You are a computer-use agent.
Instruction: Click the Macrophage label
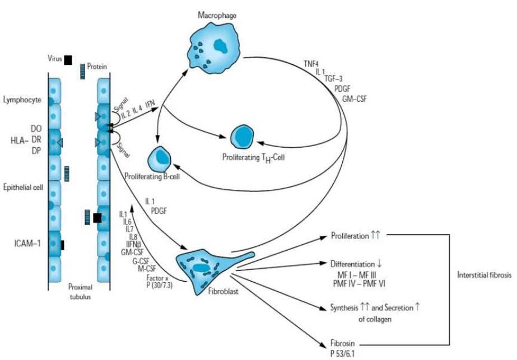coord(217,15)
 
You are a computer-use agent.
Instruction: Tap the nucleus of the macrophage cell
coord(221,46)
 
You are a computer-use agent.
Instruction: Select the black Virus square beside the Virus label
coord(68,60)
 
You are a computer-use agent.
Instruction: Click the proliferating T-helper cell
coord(242,137)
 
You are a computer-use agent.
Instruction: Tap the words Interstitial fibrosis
coord(484,274)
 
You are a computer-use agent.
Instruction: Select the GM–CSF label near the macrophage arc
coord(354,99)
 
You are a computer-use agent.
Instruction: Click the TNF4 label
coord(311,64)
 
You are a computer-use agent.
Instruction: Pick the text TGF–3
coord(333,79)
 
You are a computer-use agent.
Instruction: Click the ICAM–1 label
coord(27,244)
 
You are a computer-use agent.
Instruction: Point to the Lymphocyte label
coord(22,100)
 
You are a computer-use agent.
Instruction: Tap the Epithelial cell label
coord(23,187)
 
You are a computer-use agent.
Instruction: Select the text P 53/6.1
coord(343,354)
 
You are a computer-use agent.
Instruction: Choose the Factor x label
coord(157,278)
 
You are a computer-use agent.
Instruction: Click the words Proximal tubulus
coord(80,292)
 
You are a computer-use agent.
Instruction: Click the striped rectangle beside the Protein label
coord(82,71)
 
